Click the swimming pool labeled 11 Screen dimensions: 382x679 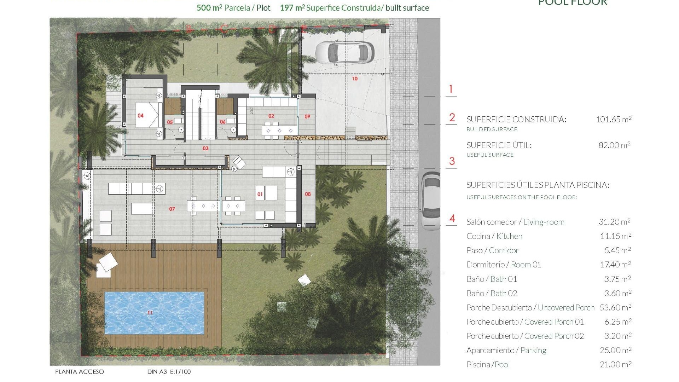[154, 313]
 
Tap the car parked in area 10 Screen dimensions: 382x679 [344, 52]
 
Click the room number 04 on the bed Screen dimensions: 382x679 [140, 116]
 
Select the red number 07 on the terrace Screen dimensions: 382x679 [172, 209]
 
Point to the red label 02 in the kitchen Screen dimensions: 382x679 [271, 116]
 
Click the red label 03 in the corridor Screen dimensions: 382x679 [205, 149]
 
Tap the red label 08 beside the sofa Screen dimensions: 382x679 [308, 194]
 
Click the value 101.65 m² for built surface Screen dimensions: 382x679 [613, 120]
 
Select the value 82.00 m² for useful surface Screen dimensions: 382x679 [614, 145]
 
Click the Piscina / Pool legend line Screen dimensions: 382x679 [488, 365]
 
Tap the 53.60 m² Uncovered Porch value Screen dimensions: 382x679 [615, 308]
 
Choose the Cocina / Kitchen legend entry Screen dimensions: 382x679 [494, 236]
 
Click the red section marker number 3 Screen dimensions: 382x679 [452, 161]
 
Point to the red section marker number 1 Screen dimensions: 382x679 [451, 89]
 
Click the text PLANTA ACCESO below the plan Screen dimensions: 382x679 [80, 372]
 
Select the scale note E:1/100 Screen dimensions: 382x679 [180, 372]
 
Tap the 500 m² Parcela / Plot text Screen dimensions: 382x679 [233, 8]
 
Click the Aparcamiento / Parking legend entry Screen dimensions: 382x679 [506, 351]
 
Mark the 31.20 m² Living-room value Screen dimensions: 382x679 [614, 222]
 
